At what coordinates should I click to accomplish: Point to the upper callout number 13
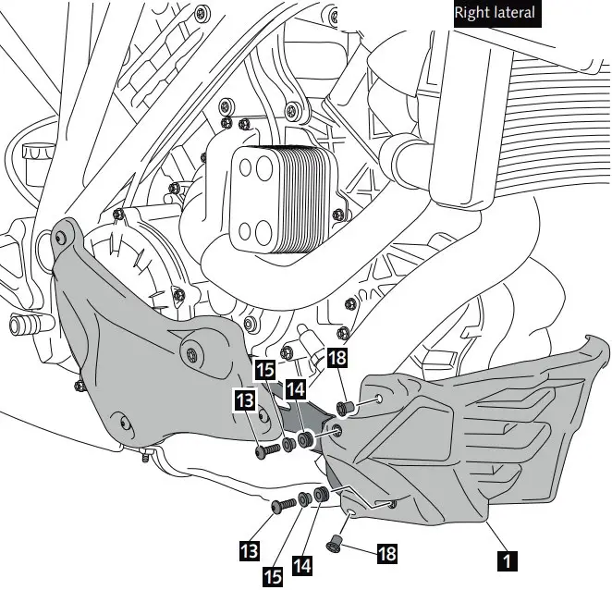pos(245,399)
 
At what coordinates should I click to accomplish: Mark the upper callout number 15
pos(265,369)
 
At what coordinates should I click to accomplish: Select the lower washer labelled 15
pos(306,500)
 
